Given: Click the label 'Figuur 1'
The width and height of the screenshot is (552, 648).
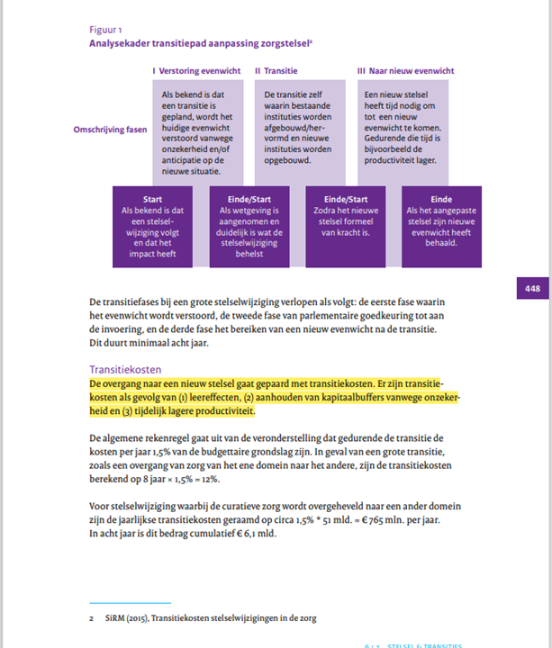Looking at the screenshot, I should click(106, 29).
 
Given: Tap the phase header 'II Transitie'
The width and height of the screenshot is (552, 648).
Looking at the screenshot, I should click(281, 70).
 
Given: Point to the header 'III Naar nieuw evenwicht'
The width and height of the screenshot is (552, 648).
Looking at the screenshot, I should click(405, 70).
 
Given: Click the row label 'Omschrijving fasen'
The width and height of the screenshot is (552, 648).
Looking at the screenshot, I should click(110, 130).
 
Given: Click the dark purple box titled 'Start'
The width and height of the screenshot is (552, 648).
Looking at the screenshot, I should click(152, 226).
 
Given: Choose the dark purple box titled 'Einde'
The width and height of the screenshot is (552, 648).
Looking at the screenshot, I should click(441, 226).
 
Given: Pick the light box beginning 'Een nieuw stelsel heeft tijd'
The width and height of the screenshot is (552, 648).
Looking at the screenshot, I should click(397, 126).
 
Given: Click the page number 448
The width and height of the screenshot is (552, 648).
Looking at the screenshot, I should click(533, 288).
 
